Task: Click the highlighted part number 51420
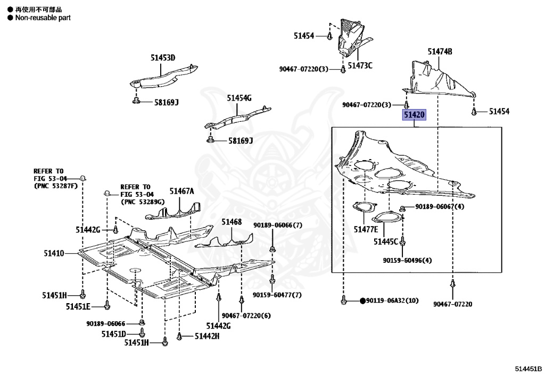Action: (x=414, y=114)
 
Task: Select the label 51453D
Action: (x=162, y=57)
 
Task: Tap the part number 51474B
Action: (x=440, y=52)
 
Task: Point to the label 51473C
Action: (x=360, y=65)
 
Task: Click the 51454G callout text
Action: (x=239, y=98)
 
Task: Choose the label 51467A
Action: (x=182, y=191)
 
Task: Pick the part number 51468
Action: (x=232, y=222)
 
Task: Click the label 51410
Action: (x=54, y=254)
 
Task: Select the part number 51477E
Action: (x=366, y=229)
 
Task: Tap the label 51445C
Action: (x=385, y=241)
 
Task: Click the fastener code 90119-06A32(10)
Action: (x=393, y=301)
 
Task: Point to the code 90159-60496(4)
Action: (x=407, y=261)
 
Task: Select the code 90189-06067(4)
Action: (x=440, y=206)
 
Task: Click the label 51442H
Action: (x=207, y=336)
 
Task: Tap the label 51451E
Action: (x=78, y=306)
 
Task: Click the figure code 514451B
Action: (x=528, y=369)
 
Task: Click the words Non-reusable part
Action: (x=43, y=18)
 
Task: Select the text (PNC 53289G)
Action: (x=142, y=202)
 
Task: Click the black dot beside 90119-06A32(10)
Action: (x=363, y=301)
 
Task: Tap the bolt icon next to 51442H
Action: (x=180, y=336)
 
